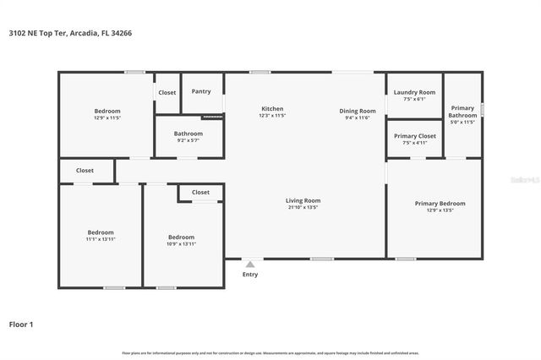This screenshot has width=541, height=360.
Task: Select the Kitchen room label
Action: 272,109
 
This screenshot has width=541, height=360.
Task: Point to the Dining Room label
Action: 358,111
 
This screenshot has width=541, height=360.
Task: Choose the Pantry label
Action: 201,91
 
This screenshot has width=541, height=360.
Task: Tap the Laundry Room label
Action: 415,92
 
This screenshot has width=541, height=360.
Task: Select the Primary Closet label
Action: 415,136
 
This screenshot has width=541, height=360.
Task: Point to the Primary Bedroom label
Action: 440,204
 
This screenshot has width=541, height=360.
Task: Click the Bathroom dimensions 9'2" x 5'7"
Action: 189,140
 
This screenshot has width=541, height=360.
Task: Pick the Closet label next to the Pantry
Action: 167,92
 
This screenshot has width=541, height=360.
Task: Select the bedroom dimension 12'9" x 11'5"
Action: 107,118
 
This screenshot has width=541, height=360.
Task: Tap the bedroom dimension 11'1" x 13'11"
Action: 101,239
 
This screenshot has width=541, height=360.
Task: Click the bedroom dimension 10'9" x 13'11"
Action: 181,244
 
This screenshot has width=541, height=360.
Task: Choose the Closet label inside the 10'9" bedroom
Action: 200,192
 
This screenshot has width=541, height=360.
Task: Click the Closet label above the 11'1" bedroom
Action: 85,170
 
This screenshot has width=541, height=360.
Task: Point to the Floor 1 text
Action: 21,324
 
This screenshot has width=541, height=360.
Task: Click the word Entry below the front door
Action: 250,274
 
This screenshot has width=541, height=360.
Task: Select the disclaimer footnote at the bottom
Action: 270,352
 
